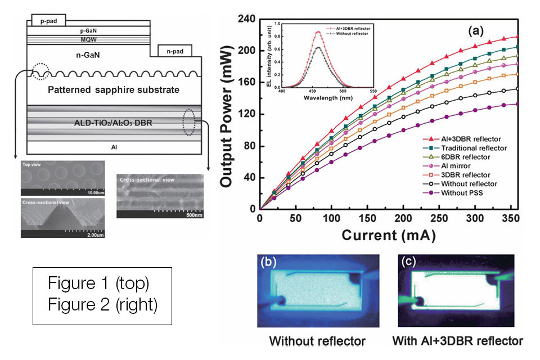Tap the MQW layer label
89,40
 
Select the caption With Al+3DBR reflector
459,341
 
